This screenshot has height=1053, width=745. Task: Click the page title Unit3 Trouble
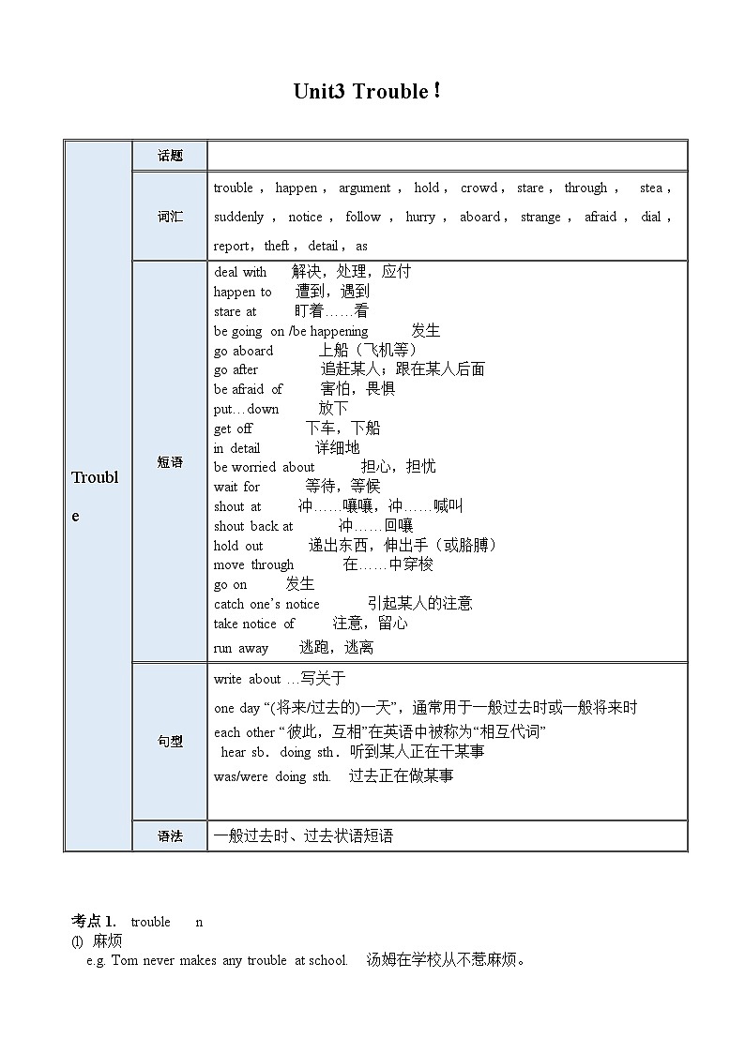[x=366, y=92]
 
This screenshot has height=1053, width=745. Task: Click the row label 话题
[x=170, y=157]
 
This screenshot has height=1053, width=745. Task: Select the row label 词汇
[x=170, y=217]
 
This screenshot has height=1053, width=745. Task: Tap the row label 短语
[x=170, y=462]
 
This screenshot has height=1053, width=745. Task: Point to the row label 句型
[x=170, y=742]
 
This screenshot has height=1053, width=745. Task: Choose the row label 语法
[x=170, y=835]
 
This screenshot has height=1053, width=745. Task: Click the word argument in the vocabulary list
[x=364, y=188]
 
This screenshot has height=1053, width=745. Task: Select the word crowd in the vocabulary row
[x=479, y=188]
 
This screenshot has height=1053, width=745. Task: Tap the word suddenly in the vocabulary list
[x=238, y=217]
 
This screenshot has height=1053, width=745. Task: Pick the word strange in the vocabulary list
[x=540, y=217]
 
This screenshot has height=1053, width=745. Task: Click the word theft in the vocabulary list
[x=277, y=246]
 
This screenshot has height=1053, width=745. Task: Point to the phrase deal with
[x=240, y=272]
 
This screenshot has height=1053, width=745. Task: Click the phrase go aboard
[x=243, y=351]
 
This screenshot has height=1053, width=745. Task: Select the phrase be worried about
[x=264, y=467]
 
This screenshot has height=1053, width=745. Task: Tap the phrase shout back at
[x=253, y=526]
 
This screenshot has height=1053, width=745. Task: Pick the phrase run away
[x=241, y=648]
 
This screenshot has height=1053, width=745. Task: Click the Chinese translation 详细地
[x=337, y=448]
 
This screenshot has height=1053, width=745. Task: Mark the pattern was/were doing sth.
[x=272, y=776]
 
